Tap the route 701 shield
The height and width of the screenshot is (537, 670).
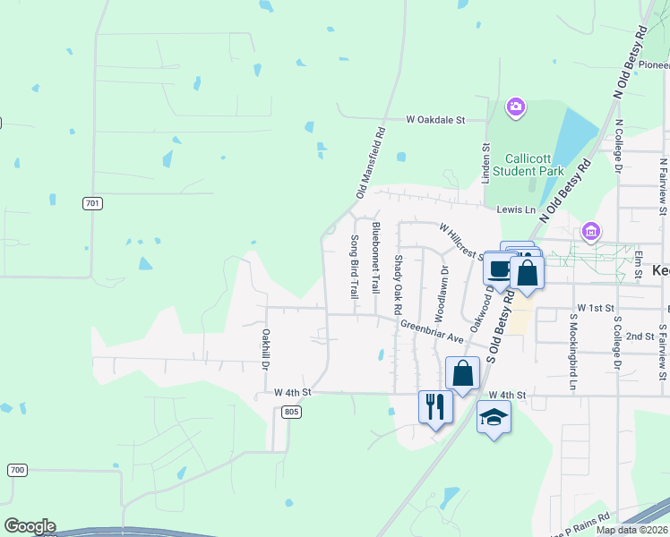click(92, 203)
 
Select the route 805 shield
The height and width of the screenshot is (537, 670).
click(289, 411)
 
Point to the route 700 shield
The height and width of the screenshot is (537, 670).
click(17, 470)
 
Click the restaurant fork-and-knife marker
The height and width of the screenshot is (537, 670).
click(435, 407)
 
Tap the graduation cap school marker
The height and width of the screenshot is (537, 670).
click(494, 417)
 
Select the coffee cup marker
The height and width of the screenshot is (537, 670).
click(497, 268)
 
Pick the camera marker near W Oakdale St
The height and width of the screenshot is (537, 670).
click(515, 108)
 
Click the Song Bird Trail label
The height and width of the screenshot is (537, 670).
click(354, 266)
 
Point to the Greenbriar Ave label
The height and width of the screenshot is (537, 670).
click(431, 331)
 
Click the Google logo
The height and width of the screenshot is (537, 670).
click(29, 526)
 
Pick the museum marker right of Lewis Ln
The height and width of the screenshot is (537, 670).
click(590, 232)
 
